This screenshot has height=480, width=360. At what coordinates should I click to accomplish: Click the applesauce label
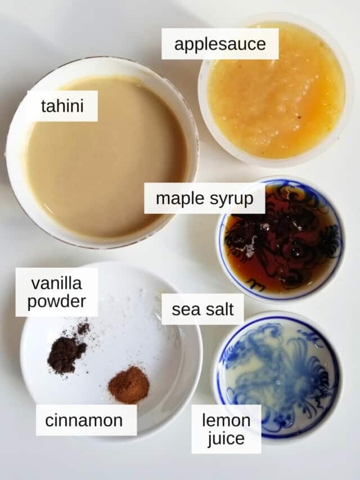pos(220,44)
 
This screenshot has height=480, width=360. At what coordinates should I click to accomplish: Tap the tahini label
pos(62,106)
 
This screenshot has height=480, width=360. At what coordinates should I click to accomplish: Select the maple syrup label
pos(204,198)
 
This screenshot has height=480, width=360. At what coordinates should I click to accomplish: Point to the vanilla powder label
pos(56,291)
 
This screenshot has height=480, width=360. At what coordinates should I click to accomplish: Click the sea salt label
pos(202,309)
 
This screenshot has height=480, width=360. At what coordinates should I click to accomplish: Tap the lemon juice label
pos(226,429)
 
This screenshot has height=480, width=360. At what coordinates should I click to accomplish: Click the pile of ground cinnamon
pos(129,384)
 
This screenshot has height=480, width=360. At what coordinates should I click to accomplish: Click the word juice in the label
pos(226,439)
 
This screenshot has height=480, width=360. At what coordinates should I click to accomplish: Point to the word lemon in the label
pos(226,420)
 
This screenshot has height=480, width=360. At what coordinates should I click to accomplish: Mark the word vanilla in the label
pos(56,282)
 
